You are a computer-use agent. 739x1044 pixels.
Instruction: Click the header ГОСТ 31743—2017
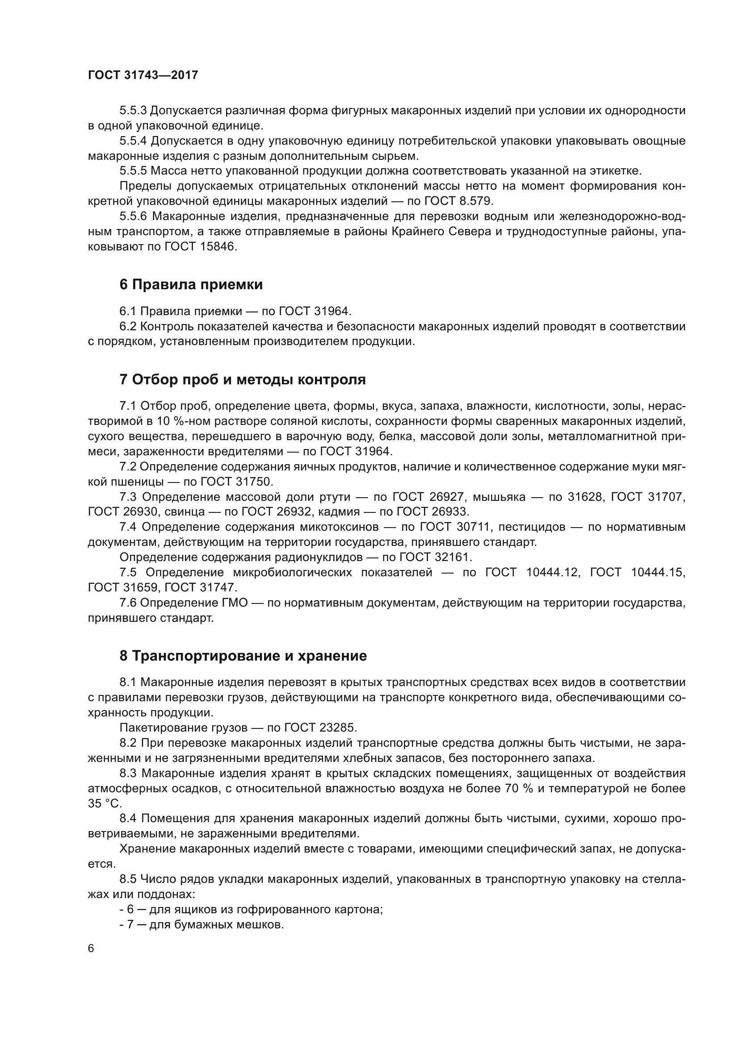(143, 75)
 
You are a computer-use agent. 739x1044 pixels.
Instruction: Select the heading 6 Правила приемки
(191, 285)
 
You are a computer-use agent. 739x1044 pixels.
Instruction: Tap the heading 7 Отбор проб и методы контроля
(243, 380)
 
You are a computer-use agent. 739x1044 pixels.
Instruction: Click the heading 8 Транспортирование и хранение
(243, 656)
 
